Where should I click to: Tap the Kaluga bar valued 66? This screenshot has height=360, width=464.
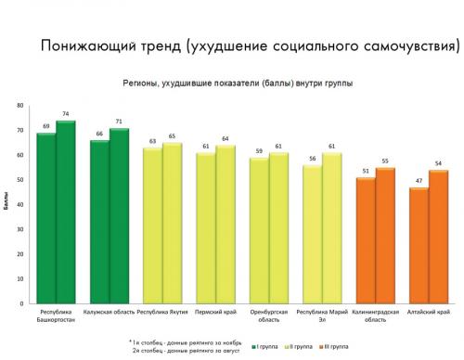[x=98, y=222]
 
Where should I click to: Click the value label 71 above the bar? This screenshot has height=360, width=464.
[x=119, y=122]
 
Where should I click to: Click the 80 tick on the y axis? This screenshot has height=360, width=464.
[x=20, y=105]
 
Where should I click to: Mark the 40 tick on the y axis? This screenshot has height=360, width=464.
[x=20, y=204]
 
